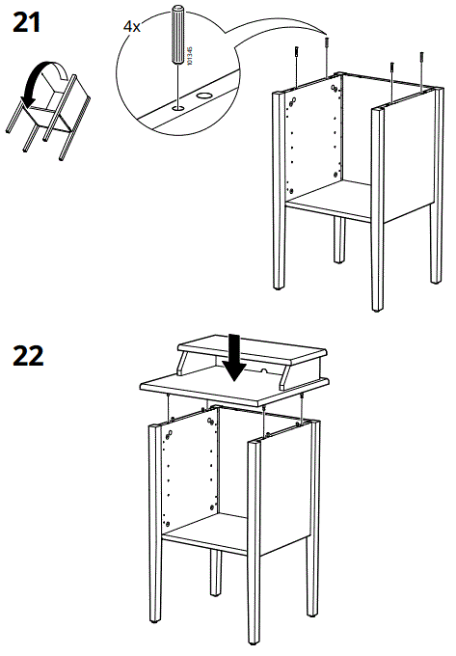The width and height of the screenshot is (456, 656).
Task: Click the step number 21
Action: coord(26,23)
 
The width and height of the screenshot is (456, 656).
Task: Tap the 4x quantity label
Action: coord(132,27)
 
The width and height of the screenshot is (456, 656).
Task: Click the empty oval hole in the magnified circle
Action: coord(205,96)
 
